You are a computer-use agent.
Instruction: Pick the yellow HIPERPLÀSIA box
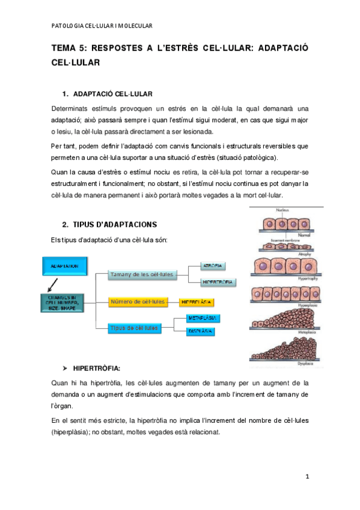click(197, 301)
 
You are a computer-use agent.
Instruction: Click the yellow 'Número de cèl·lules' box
click(136, 301)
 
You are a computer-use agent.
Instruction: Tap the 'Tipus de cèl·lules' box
click(135, 328)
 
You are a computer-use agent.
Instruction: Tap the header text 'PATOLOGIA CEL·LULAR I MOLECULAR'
click(102, 26)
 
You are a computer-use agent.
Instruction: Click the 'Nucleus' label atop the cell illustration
click(282, 210)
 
